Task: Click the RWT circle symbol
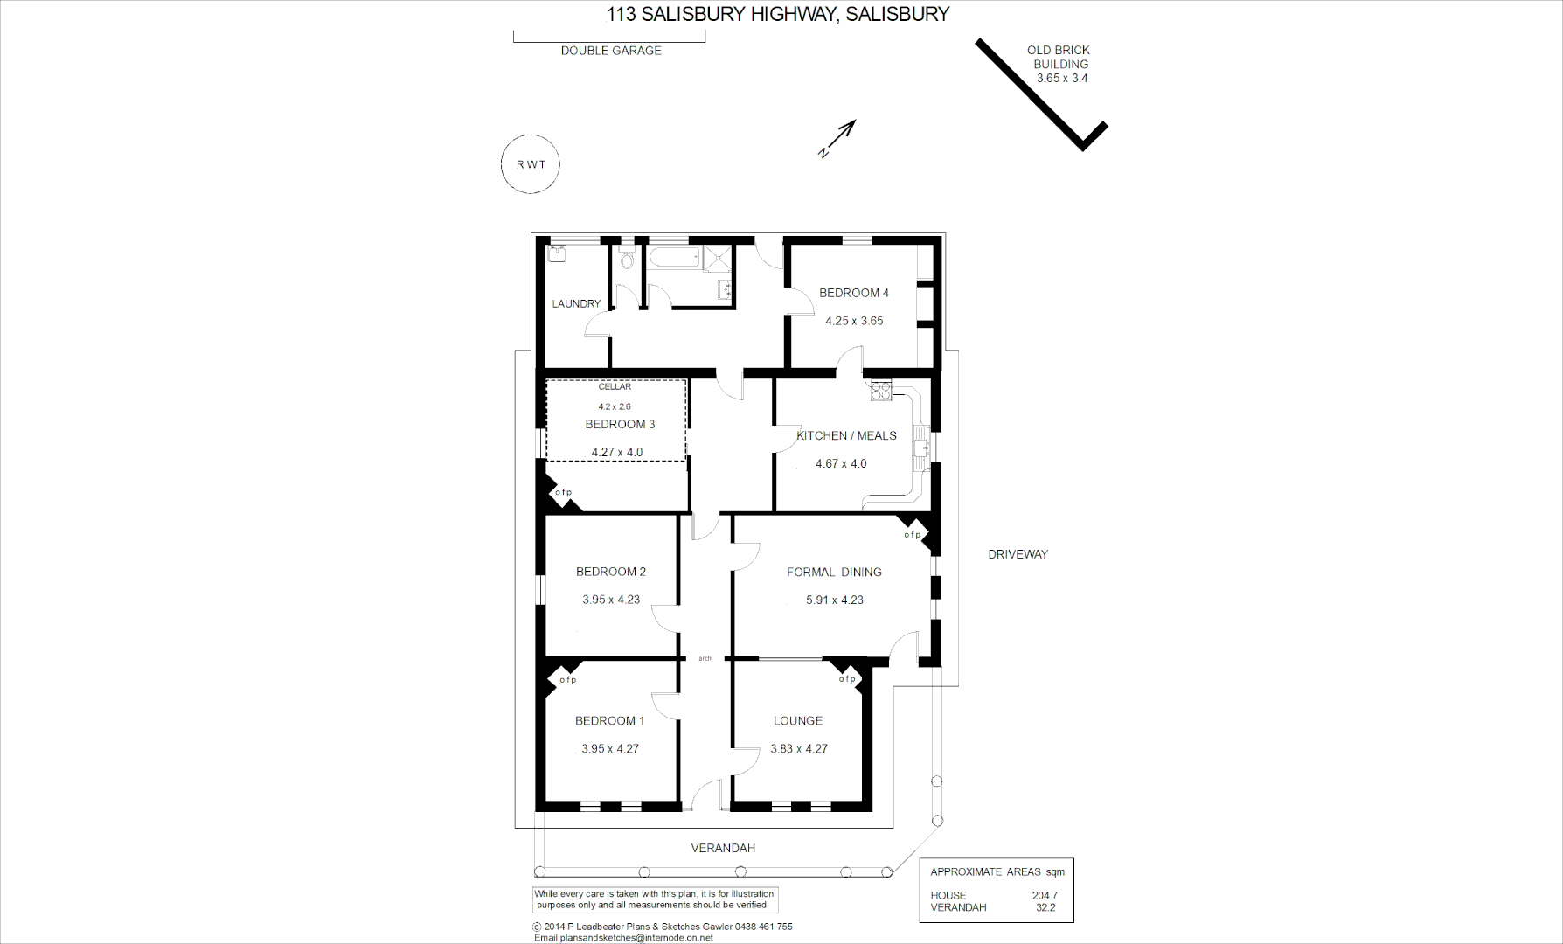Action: coord(530,164)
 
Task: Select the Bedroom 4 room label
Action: coord(853,293)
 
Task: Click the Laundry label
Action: coord(576,304)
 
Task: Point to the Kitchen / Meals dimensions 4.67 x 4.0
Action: coord(840,464)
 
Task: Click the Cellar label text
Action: coord(615,386)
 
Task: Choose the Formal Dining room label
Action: coord(834,573)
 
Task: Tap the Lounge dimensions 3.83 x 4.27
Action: coord(798,749)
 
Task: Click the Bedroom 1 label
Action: coord(609,721)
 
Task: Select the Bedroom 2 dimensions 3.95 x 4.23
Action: coord(610,600)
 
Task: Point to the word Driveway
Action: coord(1018,554)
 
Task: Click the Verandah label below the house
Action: coord(723,848)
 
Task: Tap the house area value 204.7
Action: coord(1044,895)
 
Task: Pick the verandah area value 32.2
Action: coord(1045,907)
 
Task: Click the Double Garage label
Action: coord(611,51)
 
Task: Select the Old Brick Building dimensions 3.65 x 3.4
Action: coord(1061,78)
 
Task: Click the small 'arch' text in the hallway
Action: coord(705,658)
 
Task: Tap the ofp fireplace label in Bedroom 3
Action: coord(563,492)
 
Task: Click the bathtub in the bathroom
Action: coord(674,258)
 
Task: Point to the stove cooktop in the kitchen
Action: coord(879,391)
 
